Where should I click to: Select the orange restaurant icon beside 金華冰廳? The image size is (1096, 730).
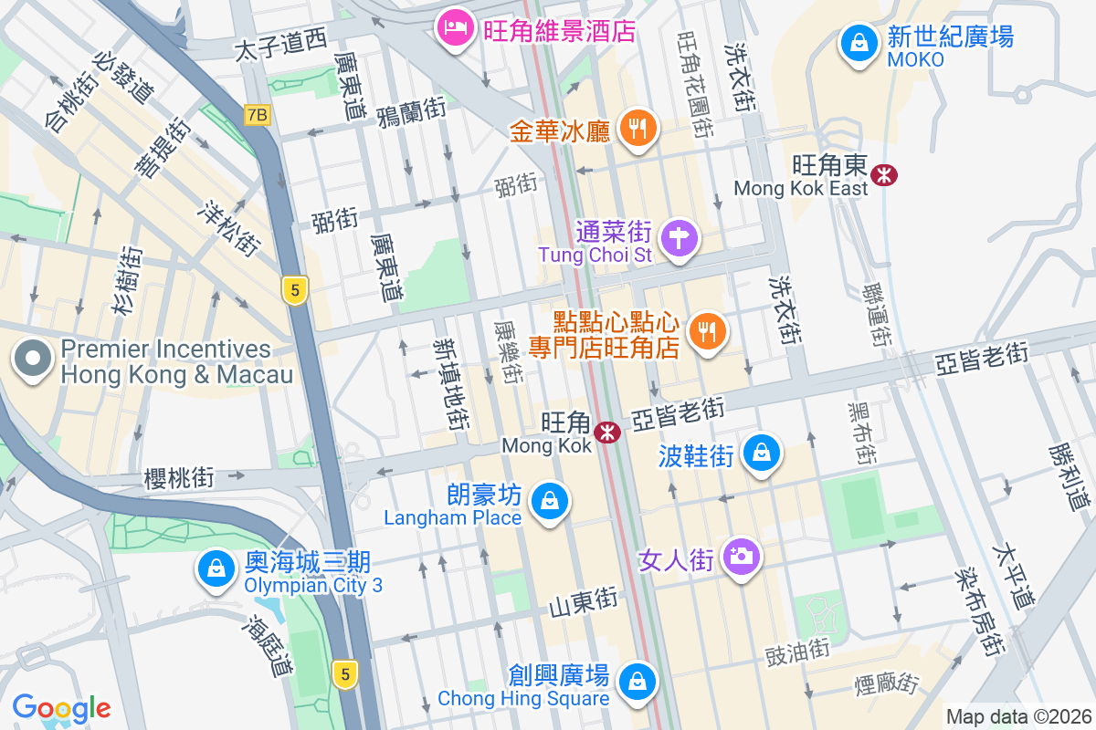point(638,130)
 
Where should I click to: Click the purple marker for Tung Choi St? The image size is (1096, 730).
point(680,239)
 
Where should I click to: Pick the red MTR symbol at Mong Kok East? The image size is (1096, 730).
point(883,174)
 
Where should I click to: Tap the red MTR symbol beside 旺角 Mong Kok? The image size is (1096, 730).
point(606,433)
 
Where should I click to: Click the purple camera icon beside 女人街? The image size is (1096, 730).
point(741,556)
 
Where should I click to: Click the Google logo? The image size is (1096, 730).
point(61,708)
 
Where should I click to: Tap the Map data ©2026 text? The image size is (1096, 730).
point(1018,717)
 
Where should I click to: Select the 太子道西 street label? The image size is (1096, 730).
point(280,44)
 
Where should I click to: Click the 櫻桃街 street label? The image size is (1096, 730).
point(179,478)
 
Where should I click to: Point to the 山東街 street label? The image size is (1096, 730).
point(584,602)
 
